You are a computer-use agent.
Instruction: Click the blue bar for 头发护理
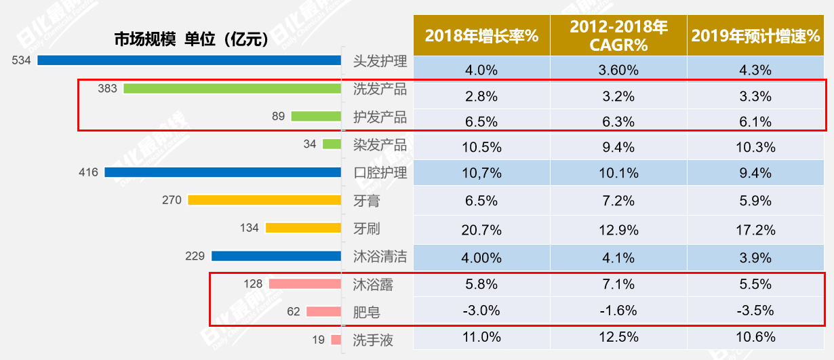coord(189,60)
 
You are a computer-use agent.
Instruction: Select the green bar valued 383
coord(232,88)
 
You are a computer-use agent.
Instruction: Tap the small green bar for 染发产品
coord(332,144)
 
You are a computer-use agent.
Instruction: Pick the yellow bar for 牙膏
coord(264,200)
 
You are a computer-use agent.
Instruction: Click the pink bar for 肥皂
coord(323,312)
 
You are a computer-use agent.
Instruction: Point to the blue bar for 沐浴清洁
coord(276,256)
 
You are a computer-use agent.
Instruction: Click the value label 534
coord(22,60)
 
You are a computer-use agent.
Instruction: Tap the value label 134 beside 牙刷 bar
coord(250,228)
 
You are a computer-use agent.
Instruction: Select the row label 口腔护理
coord(380,172)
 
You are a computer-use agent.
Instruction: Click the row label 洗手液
coord(373,340)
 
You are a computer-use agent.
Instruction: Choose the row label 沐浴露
coord(373,284)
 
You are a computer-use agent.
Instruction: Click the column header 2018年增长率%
coord(481,36)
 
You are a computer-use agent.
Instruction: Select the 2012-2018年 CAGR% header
coord(618,36)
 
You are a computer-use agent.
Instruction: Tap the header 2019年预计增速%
coord(755,36)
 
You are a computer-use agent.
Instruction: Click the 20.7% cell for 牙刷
coord(481,231)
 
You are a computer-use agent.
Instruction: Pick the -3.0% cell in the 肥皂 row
coord(481,311)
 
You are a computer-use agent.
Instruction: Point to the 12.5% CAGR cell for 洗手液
coord(618,337)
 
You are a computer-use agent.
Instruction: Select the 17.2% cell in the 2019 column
coord(755,231)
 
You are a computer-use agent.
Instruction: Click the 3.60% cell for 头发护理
coord(618,69)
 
